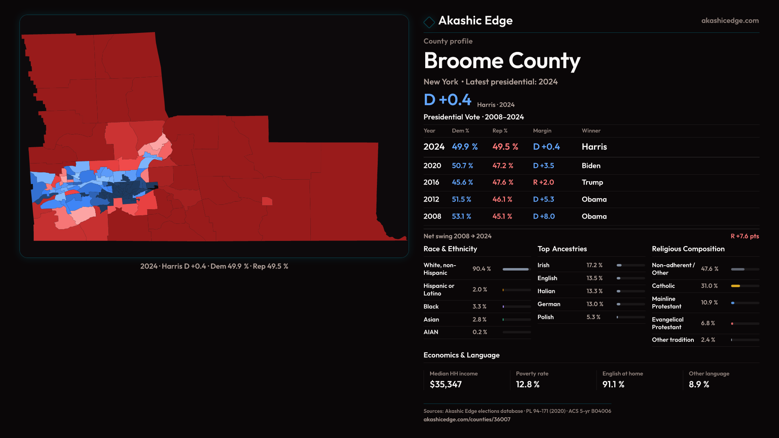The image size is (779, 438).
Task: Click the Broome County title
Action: point(502,61)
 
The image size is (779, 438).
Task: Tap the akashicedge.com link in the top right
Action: point(730,21)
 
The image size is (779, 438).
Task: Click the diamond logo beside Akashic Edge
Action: point(429,22)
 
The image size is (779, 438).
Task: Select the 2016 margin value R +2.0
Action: point(543,182)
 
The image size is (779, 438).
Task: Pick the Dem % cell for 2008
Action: point(461,217)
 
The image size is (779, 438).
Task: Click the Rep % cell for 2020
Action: point(503,166)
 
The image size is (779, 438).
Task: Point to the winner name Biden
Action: point(591,166)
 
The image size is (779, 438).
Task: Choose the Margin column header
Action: point(542,131)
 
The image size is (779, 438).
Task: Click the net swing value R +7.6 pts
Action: point(745,236)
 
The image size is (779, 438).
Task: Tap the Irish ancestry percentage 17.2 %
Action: point(594,265)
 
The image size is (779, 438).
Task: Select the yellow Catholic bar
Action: point(736,286)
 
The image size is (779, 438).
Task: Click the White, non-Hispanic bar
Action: point(516,269)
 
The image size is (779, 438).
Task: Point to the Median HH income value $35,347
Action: point(445,384)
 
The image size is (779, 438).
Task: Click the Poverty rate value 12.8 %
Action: point(527,384)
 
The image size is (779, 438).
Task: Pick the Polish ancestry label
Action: point(545,317)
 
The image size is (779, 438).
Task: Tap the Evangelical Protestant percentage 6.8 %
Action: point(708,323)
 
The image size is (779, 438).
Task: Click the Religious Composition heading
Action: point(688,249)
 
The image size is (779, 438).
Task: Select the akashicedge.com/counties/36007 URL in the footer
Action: point(467,420)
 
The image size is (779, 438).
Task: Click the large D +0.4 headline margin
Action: point(447,100)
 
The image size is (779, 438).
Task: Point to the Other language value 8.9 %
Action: point(699,384)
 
